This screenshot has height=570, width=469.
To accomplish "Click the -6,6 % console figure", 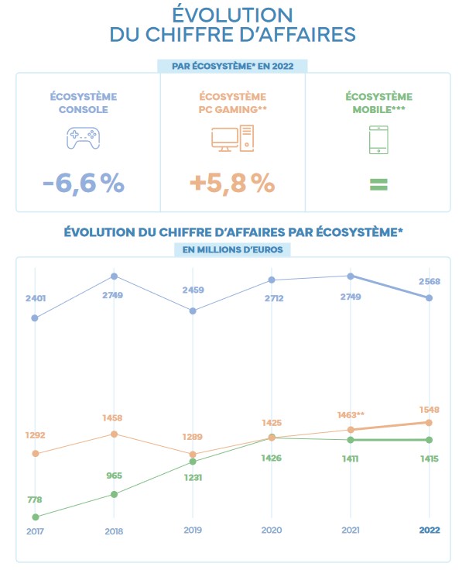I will point(83,183).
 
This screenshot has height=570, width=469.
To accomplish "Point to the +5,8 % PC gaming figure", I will point(232,183).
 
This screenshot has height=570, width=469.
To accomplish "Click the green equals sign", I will point(378,184).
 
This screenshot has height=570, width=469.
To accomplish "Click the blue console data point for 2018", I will point(114,276).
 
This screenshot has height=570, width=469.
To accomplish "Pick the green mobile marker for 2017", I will point(35,517).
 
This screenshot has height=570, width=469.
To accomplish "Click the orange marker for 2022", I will point(429,422).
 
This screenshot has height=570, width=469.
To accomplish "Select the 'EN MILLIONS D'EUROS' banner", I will point(232,249).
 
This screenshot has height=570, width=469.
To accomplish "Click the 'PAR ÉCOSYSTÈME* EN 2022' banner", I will point(232,67).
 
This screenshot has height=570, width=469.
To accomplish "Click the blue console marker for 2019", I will point(193,311).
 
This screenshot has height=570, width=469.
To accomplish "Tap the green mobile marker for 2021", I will point(351,440).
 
